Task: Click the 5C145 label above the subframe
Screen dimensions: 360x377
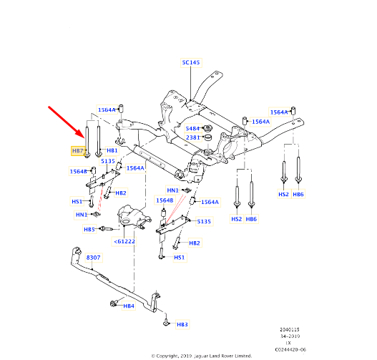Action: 191,63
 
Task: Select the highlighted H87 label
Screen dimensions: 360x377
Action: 78,151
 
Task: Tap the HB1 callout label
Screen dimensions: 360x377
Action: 112,151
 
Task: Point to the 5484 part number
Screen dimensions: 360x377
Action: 192,128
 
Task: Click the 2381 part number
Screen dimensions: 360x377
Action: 192,138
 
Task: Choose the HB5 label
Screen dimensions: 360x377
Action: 89,230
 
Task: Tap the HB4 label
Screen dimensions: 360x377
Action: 128,306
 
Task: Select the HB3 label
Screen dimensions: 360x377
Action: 182,324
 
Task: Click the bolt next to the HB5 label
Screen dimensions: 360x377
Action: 104,229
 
